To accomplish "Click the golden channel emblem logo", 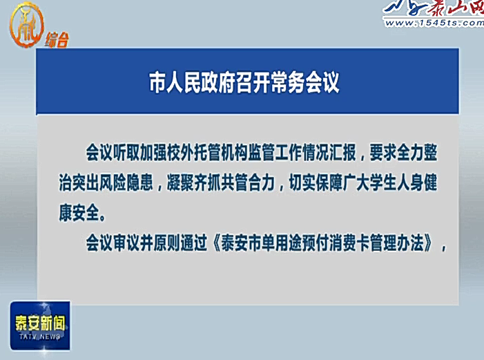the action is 26,25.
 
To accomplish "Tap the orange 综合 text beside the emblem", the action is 57,40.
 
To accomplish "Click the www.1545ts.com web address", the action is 434,23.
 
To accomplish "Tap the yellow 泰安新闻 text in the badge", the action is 40,323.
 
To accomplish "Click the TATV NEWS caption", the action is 40,337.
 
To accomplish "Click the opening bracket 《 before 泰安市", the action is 216,243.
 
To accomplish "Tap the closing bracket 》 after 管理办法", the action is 429,243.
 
